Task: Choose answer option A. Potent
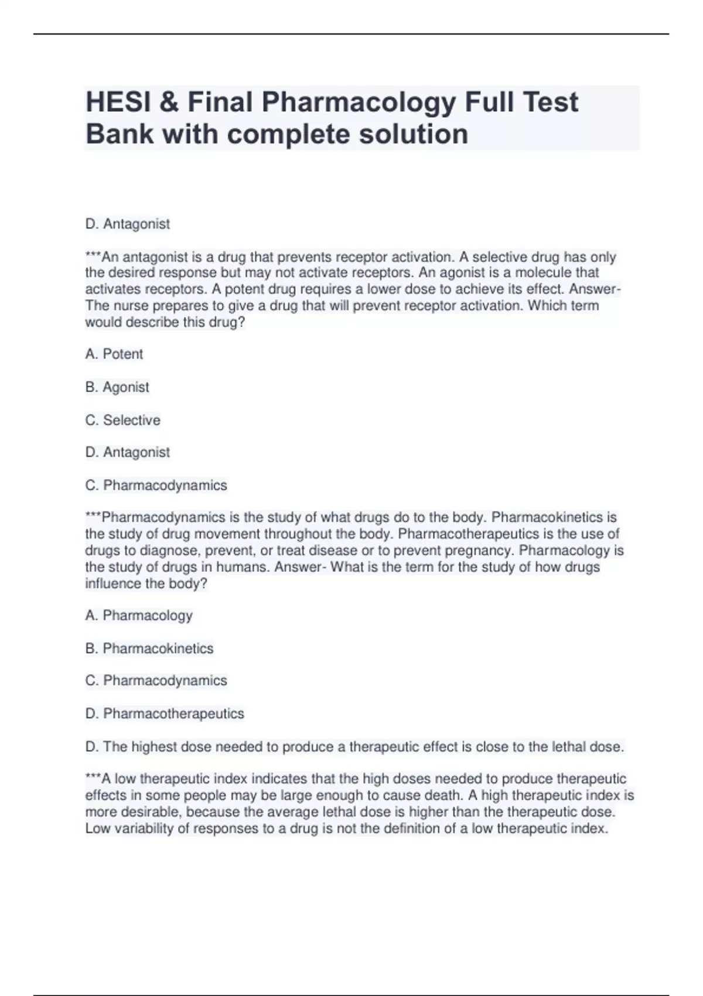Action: [114, 354]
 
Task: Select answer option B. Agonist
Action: [117, 387]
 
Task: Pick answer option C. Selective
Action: [122, 420]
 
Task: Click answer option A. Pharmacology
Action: [139, 615]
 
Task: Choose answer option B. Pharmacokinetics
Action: [149, 649]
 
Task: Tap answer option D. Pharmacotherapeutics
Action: [165, 714]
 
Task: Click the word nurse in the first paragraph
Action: [132, 306]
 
